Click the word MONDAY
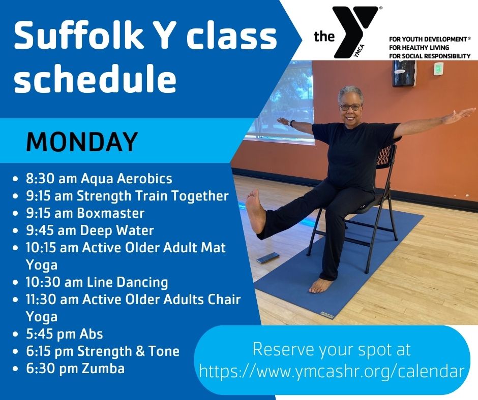pyautogui.click(x=82, y=142)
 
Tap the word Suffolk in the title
pyautogui.click(x=78, y=36)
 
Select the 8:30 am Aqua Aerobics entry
pyautogui.click(x=99, y=178)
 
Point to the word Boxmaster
pyautogui.click(x=111, y=213)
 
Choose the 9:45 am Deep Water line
pyautogui.click(x=90, y=230)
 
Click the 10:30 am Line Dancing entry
pyautogui.click(x=97, y=282)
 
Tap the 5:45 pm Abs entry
pyautogui.click(x=64, y=334)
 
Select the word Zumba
pyautogui.click(x=103, y=369)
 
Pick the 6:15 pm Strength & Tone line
pyautogui.click(x=103, y=351)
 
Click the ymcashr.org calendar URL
pyautogui.click(x=332, y=371)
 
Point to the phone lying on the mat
pyautogui.click(x=268, y=257)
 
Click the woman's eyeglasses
pyautogui.click(x=350, y=107)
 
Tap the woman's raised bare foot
pyautogui.click(x=255, y=211)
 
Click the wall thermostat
pyautogui.click(x=438, y=68)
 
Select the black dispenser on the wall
pyautogui.click(x=404, y=73)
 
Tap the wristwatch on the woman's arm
pyautogui.click(x=292, y=123)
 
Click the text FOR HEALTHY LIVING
pyautogui.click(x=419, y=48)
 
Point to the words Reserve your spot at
pyautogui.click(x=332, y=349)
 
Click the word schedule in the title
pyautogui.click(x=95, y=79)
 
